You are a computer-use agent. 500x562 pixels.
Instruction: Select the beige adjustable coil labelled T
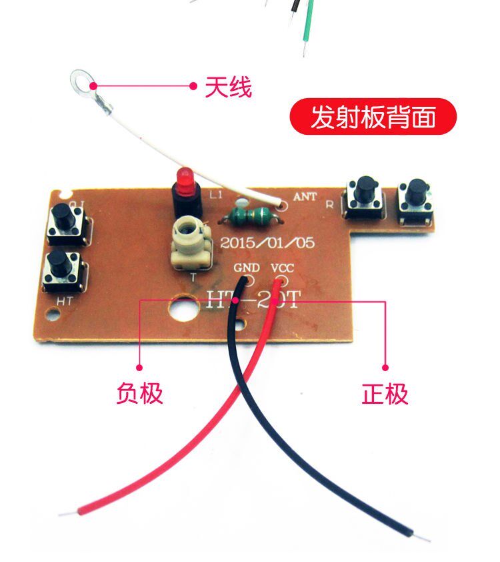191,244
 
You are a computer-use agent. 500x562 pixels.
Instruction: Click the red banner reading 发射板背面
373,117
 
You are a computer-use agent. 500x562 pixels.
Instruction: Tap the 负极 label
139,393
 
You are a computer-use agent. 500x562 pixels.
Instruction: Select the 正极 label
385,394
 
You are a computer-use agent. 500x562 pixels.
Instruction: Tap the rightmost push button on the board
416,199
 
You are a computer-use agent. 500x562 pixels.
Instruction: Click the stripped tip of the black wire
419,535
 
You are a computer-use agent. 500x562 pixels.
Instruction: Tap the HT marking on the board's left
64,301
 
